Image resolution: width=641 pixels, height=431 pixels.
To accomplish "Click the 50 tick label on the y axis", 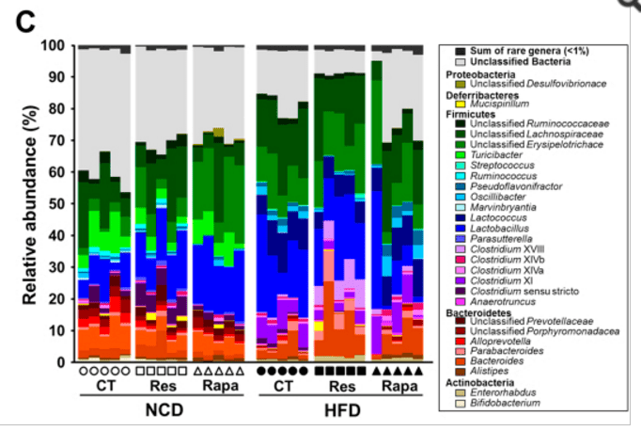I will (x=55, y=203).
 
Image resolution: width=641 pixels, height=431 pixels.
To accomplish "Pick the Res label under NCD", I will (x=161, y=386).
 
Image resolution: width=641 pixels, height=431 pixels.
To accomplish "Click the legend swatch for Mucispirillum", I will (x=461, y=104).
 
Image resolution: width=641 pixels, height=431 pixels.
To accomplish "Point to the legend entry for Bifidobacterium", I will (x=518, y=402).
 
